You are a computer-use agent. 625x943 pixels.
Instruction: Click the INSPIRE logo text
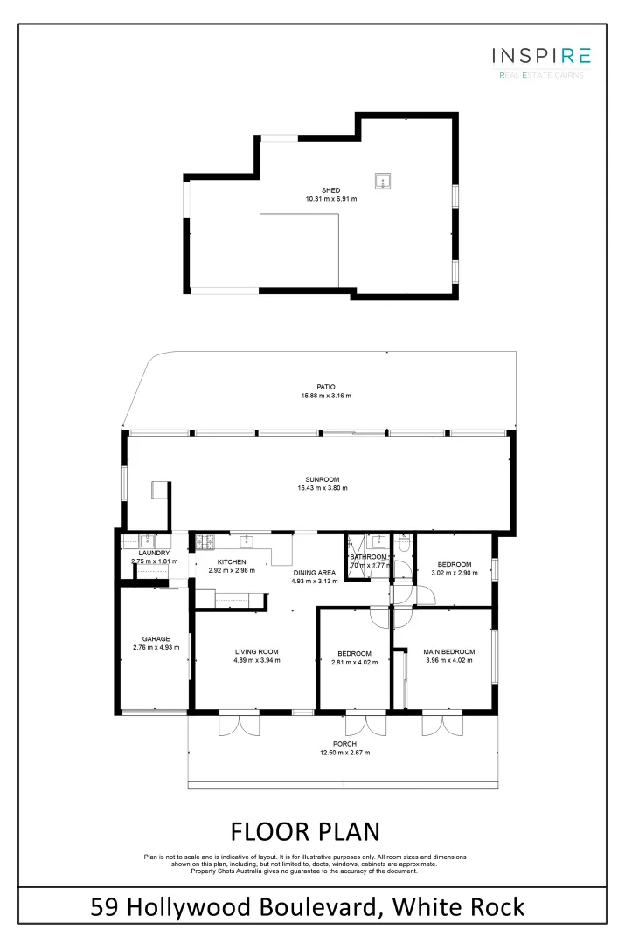click(x=541, y=57)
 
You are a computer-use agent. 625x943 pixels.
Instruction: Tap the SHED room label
click(x=330, y=190)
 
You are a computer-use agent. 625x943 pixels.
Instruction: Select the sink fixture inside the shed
click(x=382, y=181)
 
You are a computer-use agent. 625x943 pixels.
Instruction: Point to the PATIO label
click(x=326, y=387)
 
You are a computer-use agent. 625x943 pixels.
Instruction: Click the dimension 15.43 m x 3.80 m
click(x=323, y=488)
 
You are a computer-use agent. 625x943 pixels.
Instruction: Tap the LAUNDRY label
click(x=154, y=553)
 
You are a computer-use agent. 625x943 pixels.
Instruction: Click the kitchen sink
click(x=247, y=540)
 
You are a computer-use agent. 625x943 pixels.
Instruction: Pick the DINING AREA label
click(x=314, y=573)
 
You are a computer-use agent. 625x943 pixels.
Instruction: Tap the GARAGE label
click(x=156, y=638)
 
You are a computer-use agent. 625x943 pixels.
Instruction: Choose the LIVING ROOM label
click(x=256, y=651)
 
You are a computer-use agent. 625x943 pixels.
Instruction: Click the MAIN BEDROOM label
click(x=449, y=651)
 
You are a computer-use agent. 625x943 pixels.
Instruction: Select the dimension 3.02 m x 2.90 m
click(x=455, y=573)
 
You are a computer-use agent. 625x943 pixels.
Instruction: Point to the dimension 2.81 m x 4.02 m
click(x=354, y=663)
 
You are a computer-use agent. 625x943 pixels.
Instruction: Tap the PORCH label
click(x=344, y=744)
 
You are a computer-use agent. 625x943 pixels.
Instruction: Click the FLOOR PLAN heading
click(x=305, y=829)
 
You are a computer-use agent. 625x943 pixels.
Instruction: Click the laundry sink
click(x=147, y=540)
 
